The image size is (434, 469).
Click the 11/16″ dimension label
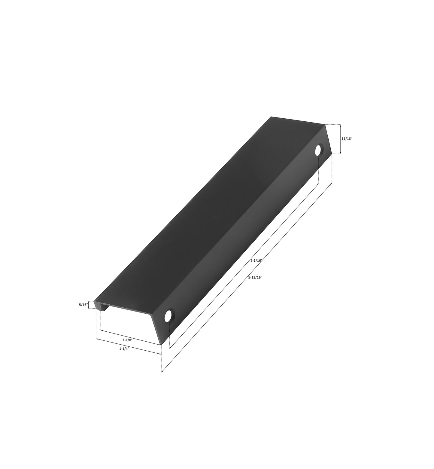(x=347, y=139)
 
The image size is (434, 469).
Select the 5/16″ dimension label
(x=83, y=305)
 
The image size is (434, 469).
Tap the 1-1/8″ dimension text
(x=128, y=340)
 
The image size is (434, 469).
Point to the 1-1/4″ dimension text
(x=124, y=349)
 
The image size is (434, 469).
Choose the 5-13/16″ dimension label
(x=256, y=278)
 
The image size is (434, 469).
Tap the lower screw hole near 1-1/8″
(x=169, y=315)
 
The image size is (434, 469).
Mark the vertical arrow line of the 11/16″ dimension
(x=340, y=139)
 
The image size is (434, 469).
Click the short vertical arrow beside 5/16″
(x=89, y=305)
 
